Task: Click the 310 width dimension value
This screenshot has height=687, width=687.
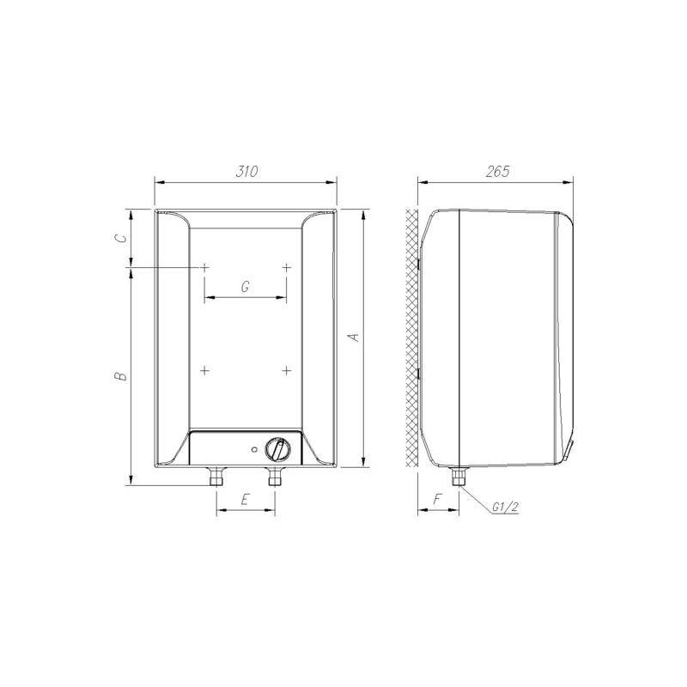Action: pyautogui.click(x=246, y=171)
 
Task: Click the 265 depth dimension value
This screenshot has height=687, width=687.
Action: pyautogui.click(x=496, y=171)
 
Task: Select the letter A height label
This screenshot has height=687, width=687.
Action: pyautogui.click(x=353, y=338)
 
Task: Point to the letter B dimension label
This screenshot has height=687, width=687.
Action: pyautogui.click(x=122, y=375)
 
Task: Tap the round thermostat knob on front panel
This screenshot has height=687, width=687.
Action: pyautogui.click(x=277, y=449)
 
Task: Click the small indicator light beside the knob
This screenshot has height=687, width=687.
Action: pyautogui.click(x=254, y=449)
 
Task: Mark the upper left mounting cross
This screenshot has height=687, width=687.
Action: pyautogui.click(x=205, y=269)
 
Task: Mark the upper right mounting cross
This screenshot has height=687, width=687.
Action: pyautogui.click(x=287, y=269)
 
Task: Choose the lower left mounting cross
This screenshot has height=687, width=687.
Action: pyautogui.click(x=205, y=370)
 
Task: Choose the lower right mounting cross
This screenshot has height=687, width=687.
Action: pyautogui.click(x=287, y=370)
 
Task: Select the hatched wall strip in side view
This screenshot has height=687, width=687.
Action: pyautogui.click(x=410, y=339)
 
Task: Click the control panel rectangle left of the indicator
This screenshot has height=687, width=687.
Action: pyautogui.click(x=219, y=449)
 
